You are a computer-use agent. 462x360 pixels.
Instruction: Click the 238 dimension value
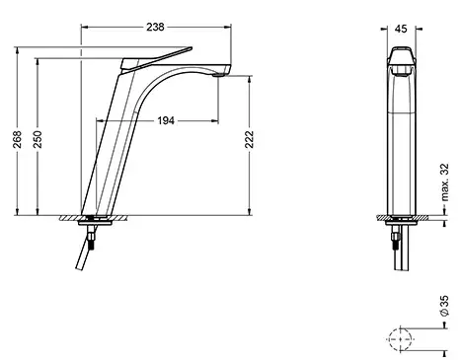(155, 27)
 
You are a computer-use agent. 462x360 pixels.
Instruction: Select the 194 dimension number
(166, 121)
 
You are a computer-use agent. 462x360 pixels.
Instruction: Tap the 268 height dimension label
(17, 139)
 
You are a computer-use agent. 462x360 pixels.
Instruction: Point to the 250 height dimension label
(38, 139)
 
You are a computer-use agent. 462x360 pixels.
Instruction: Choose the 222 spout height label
(250, 139)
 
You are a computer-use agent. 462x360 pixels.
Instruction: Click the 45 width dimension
(401, 29)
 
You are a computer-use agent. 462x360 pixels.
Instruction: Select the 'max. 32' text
(444, 181)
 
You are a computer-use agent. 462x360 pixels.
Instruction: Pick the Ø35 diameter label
(444, 306)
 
